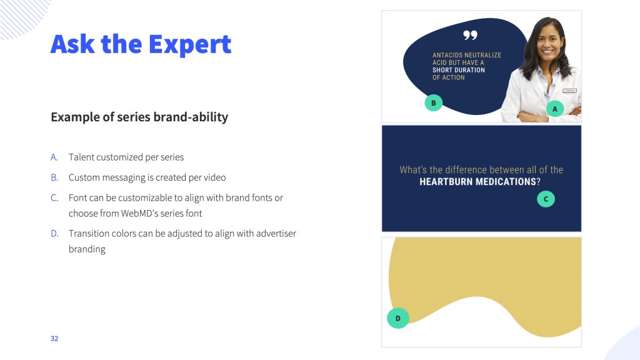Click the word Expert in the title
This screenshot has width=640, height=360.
[190, 44]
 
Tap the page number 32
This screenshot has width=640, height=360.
[54, 338]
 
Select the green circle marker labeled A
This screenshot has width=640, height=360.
[555, 109]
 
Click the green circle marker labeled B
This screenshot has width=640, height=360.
[434, 103]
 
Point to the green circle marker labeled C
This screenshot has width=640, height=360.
[546, 199]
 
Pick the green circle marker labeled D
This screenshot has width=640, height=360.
[398, 318]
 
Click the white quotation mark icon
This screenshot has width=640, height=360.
[470, 36]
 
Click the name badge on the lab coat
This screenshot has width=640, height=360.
[570, 90]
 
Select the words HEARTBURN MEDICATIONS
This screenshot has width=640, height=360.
[477, 182]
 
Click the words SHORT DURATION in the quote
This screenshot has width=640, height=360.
[459, 70]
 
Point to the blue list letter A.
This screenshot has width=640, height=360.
[54, 157]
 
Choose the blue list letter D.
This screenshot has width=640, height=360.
[55, 234]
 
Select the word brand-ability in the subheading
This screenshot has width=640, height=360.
[191, 117]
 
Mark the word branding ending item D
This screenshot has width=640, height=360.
[87, 249]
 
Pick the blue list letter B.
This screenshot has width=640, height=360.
[55, 177]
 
